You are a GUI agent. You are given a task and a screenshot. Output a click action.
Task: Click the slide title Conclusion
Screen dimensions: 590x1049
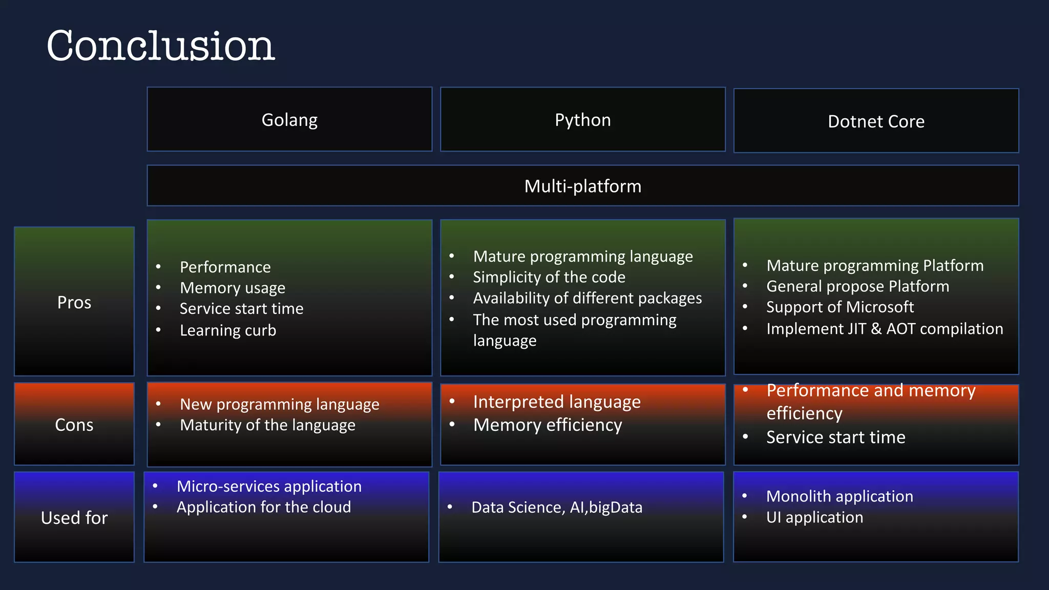click(x=161, y=46)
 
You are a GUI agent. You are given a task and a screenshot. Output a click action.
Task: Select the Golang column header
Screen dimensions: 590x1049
click(x=289, y=120)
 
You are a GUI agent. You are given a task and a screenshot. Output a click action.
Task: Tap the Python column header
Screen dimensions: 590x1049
click(x=582, y=120)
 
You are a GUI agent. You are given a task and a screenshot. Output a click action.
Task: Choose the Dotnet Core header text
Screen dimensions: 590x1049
click(x=876, y=122)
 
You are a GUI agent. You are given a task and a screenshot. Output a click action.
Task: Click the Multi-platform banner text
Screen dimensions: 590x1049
click(x=582, y=186)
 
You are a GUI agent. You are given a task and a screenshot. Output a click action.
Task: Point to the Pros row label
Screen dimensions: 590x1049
click(x=74, y=302)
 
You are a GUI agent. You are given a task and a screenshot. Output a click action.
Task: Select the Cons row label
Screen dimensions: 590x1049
click(x=74, y=425)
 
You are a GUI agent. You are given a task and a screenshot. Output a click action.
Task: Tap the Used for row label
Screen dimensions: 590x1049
click(x=74, y=518)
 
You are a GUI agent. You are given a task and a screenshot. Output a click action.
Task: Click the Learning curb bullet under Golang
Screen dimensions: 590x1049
click(x=228, y=330)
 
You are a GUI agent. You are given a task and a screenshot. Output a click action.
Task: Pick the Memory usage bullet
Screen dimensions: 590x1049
click(x=233, y=288)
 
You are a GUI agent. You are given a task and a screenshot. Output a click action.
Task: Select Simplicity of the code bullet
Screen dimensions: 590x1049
click(x=549, y=277)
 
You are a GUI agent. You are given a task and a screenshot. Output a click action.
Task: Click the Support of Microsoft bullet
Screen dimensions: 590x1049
click(x=840, y=307)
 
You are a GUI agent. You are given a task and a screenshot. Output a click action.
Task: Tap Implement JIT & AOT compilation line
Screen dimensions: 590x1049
click(x=885, y=329)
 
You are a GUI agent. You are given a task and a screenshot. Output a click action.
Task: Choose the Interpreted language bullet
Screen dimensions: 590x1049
click(x=557, y=402)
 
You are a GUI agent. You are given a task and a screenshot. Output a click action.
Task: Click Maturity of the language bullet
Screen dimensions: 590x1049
click(x=267, y=425)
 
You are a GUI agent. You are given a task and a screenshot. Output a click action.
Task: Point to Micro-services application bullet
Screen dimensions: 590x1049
click(x=269, y=486)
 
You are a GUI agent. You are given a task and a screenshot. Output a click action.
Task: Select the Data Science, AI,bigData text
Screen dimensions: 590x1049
click(x=557, y=508)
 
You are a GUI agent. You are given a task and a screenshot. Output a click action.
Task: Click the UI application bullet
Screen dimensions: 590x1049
click(x=814, y=517)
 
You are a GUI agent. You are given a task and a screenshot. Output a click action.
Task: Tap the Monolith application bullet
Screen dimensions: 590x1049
click(x=840, y=496)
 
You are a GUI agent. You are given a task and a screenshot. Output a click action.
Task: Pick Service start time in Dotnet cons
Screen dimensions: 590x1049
click(x=835, y=437)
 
